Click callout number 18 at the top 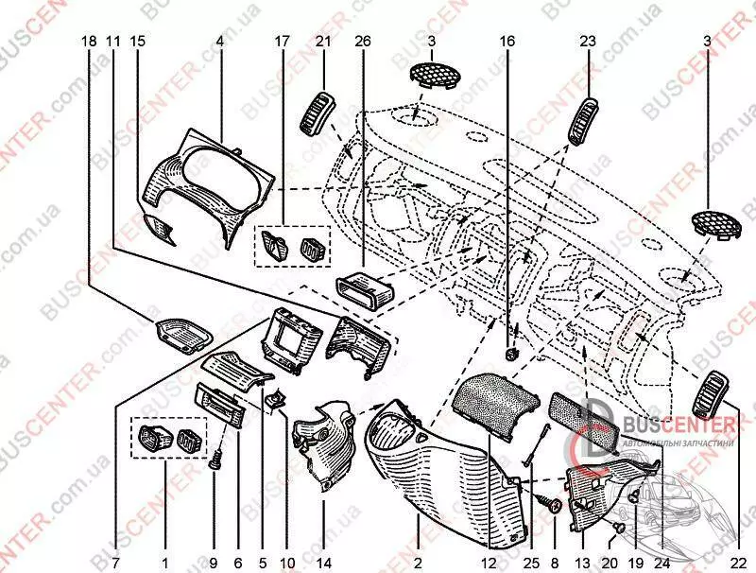point(89,42)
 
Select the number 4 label point(219,42)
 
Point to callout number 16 point(507,42)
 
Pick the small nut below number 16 point(511,353)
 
